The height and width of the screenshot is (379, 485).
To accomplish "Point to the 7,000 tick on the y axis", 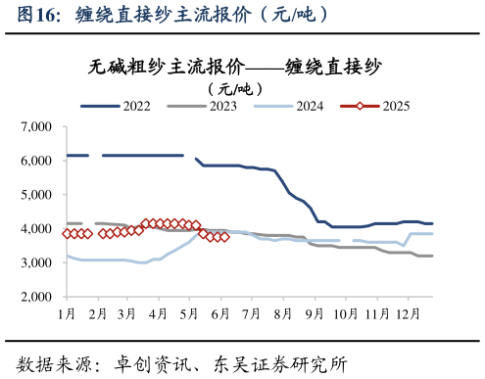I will pos(35,127).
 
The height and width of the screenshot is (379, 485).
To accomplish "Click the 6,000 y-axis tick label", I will pos(35,161).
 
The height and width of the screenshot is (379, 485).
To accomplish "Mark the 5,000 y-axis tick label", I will pos(35,195).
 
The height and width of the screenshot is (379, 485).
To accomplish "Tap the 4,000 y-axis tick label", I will pos(35,229).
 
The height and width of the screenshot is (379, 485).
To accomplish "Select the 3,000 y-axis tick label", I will pos(35,262).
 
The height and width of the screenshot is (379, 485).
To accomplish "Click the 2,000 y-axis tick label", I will pos(35,297).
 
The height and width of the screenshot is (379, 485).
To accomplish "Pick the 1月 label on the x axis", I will pos(68,313).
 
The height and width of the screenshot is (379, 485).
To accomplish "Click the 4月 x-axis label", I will pos(157,313).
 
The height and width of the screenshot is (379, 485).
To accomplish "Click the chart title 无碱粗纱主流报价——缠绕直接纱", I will pos(235,67).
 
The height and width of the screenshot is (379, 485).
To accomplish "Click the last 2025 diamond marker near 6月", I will pos(224,236).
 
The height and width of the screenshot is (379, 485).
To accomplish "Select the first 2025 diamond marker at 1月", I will pos(67,234).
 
